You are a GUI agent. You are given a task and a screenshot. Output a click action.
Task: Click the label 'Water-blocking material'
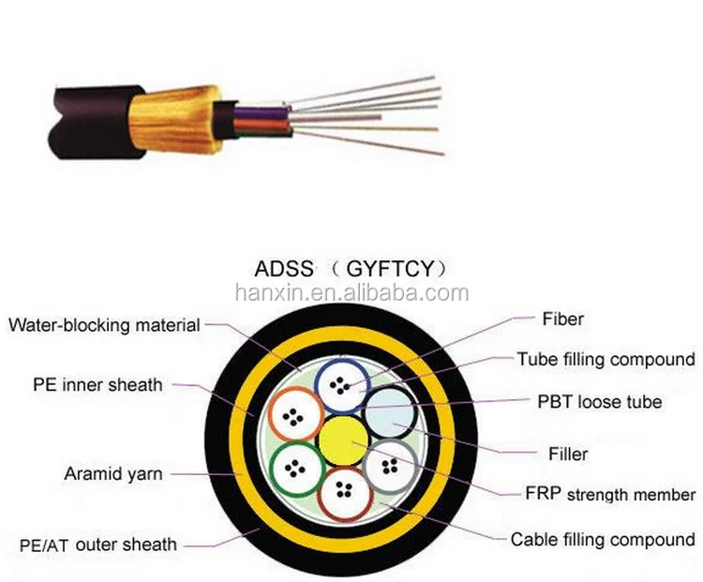104,326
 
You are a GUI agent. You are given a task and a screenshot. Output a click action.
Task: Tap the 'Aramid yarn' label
112,474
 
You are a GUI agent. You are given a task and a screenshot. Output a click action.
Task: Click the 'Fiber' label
563,320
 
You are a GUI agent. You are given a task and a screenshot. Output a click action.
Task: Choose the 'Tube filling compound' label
606,359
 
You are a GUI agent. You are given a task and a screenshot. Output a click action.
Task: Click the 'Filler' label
568,455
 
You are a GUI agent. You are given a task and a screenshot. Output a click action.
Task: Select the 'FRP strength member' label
610,494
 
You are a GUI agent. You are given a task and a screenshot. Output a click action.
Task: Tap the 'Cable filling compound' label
603,539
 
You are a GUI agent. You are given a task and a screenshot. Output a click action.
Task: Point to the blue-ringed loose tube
339,386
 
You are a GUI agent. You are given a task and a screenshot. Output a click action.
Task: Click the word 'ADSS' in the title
282,269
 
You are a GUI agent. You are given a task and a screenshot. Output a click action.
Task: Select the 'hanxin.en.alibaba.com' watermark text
351,293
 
